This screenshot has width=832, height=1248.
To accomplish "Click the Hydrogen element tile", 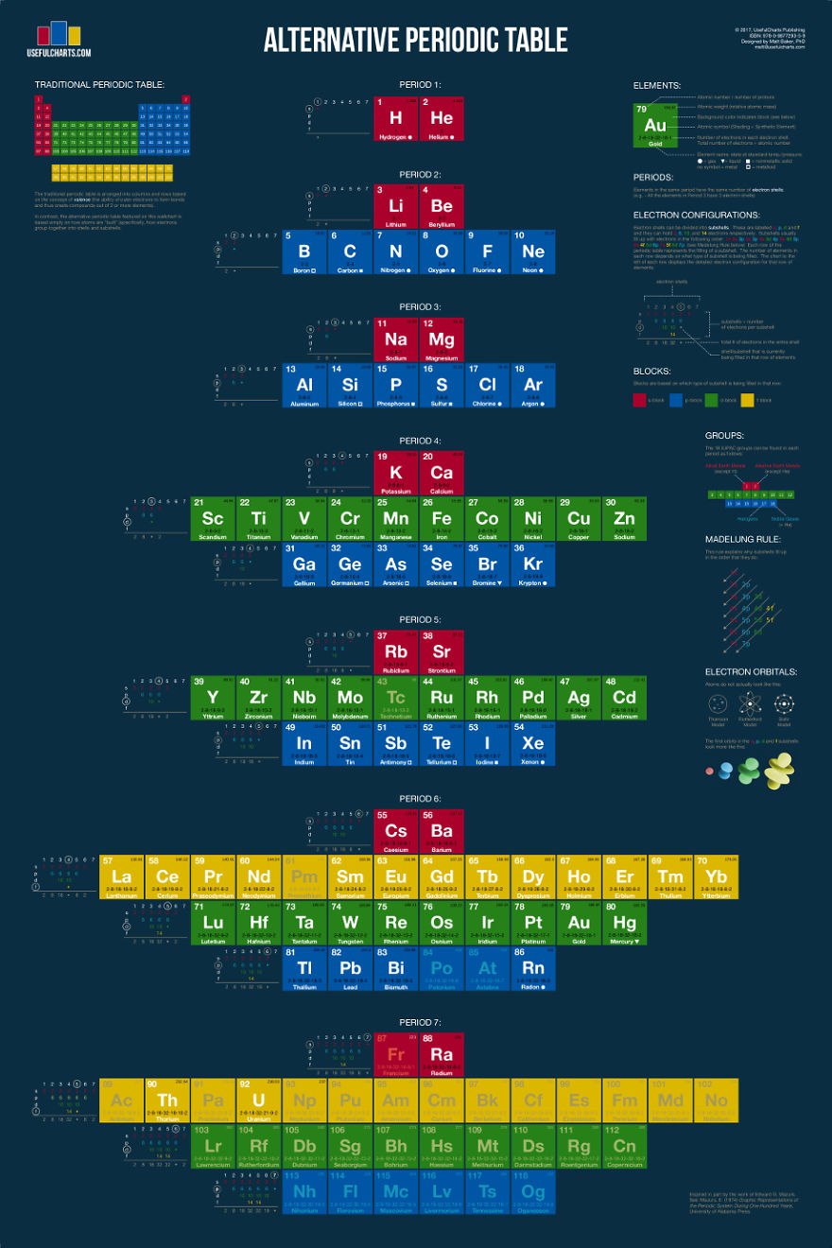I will point(396,119).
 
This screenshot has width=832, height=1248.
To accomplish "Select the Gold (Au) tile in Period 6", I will point(579,923).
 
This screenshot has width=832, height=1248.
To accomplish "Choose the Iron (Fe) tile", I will point(442,519).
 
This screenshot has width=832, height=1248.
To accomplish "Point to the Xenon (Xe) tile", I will point(533,744).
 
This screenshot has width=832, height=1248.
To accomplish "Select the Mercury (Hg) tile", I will point(624,923).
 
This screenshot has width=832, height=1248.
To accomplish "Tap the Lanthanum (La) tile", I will point(121,877).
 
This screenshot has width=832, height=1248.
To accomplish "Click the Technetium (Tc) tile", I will point(396,698).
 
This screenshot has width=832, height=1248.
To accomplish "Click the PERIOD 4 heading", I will point(420,441).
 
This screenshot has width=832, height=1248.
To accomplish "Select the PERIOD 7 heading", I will point(420,1023).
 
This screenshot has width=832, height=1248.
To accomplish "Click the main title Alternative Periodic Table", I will point(415,40).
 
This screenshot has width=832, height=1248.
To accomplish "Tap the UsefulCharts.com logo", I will point(63,39).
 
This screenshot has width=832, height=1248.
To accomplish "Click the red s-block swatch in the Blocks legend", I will point(639,400).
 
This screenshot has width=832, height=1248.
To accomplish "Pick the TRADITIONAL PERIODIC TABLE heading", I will point(99,84).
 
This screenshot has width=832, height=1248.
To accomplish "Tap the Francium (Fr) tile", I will point(396,1055).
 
